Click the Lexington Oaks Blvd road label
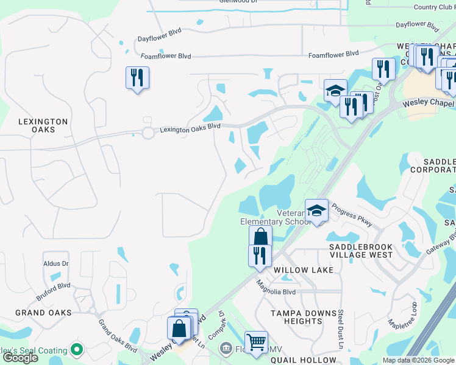[190, 129]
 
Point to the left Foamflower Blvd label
[166, 56]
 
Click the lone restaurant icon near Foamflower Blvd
[137, 78]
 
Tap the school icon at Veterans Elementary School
[316, 211]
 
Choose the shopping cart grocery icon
[256, 342]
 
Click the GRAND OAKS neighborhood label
[43, 313]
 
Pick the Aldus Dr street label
[56, 263]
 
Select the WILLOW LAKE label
[304, 269]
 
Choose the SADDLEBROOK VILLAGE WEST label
[361, 251]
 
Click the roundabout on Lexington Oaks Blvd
[148, 133]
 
